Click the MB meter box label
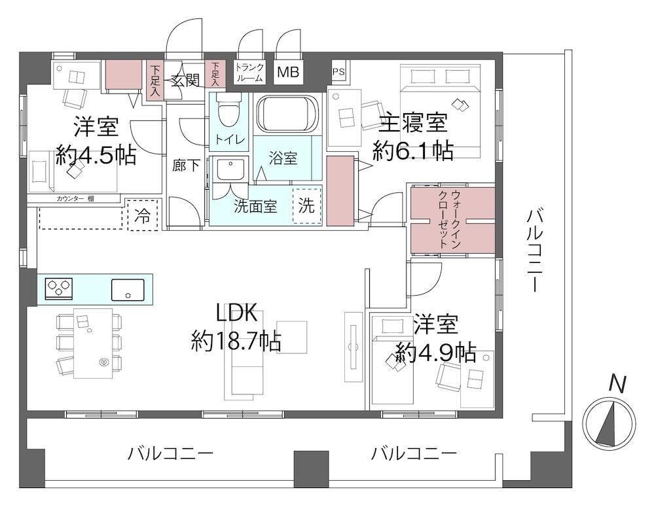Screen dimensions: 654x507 [x=288, y=72]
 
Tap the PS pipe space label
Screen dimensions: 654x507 [x=338, y=72]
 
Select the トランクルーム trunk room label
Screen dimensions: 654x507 [x=249, y=72]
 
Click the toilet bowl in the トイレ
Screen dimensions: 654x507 [x=228, y=110]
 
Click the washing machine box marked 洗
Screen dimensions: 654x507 [x=307, y=205]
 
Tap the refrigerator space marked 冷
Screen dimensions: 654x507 [x=143, y=215]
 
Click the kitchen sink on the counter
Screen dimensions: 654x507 [x=128, y=290]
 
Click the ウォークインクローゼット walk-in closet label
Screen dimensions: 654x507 [x=450, y=220]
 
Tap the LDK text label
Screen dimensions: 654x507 [x=236, y=313]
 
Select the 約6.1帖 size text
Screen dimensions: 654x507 [x=413, y=151]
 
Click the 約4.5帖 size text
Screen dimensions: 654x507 [x=96, y=156]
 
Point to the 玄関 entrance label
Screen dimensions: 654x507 [x=185, y=80]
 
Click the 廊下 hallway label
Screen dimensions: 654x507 [x=186, y=166]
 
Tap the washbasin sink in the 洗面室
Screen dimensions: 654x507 [x=229, y=169]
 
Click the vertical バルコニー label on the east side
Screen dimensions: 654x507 [x=534, y=250]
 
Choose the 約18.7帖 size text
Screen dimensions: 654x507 [x=236, y=342]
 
